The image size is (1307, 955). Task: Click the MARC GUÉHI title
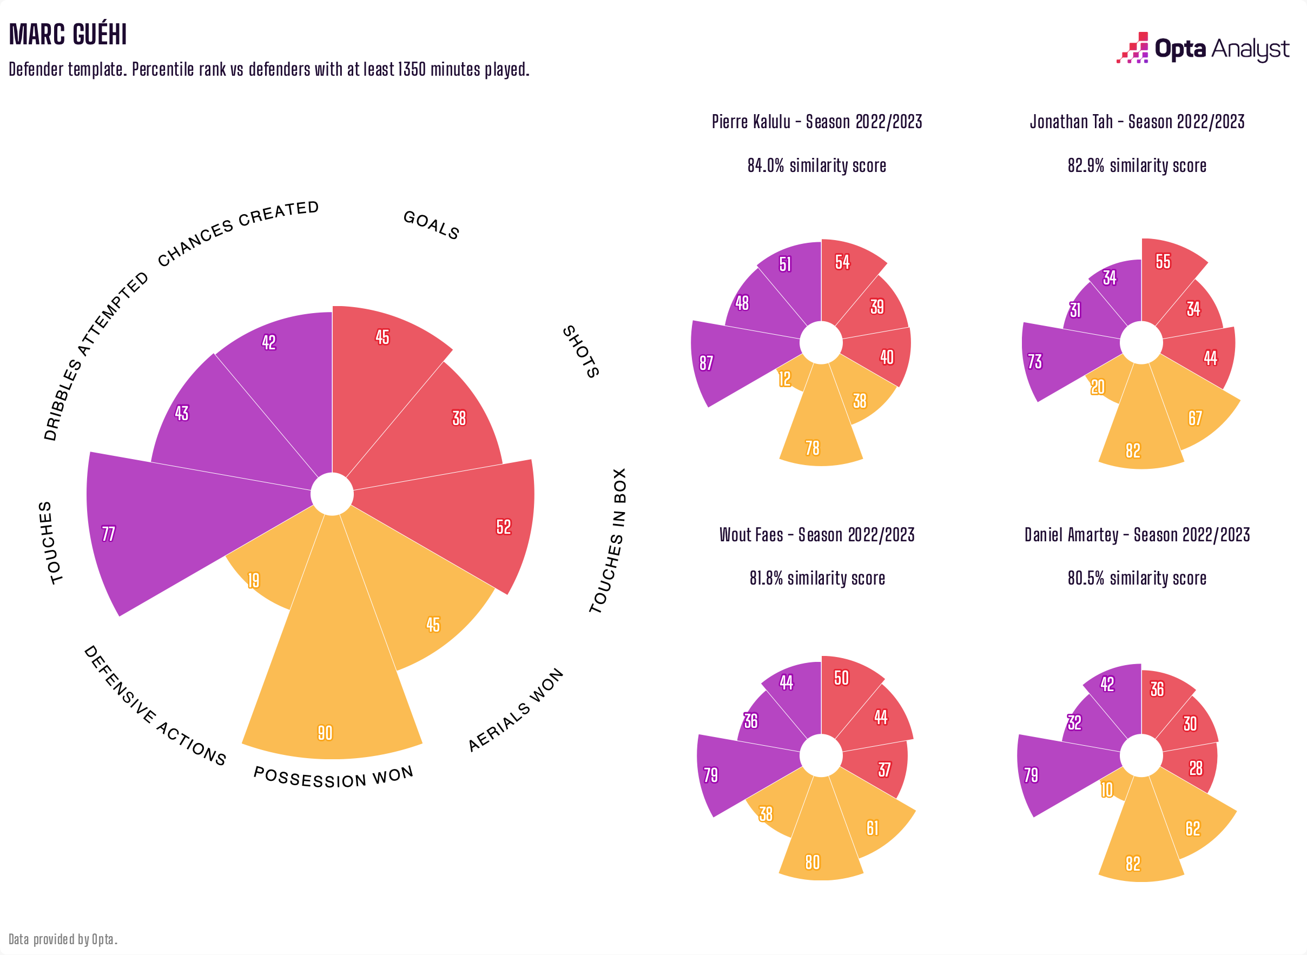point(68,35)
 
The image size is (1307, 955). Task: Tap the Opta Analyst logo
point(1203,49)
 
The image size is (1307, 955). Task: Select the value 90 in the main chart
point(325,733)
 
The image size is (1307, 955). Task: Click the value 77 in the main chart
point(108,534)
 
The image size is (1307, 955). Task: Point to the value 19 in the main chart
point(253,580)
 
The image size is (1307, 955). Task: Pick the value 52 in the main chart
point(504,527)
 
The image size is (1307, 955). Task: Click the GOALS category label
point(431,225)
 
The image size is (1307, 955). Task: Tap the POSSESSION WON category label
point(334,778)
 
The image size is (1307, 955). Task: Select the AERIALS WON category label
point(516,710)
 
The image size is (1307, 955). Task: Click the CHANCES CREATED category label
point(238,233)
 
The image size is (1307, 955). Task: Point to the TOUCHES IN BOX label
point(609,541)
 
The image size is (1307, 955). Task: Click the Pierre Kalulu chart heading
point(816,122)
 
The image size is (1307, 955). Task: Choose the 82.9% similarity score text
point(1137,166)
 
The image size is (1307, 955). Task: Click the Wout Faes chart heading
point(816,535)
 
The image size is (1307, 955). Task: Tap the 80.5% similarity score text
point(1137,578)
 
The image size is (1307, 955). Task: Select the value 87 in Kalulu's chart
point(706,363)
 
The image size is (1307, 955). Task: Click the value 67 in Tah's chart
point(1195,418)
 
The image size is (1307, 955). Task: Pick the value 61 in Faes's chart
point(872,828)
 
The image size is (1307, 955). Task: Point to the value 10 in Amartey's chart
point(1106,790)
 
